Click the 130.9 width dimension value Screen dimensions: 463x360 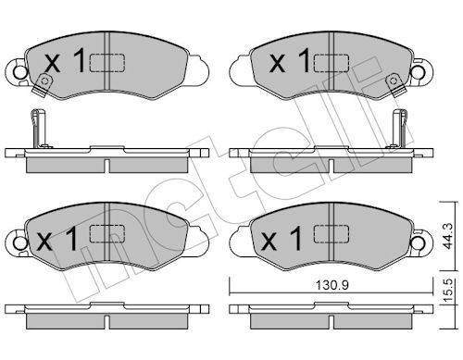pyautogui.click(x=332, y=286)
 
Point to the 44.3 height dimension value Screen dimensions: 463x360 pyautogui.click(x=448, y=236)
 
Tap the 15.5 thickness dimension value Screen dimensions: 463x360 pyautogui.click(x=448, y=291)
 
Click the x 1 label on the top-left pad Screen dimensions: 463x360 pyautogui.click(x=65, y=60)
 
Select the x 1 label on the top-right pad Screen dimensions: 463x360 pyautogui.click(x=289, y=60)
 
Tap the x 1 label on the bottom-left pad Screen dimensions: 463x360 pyautogui.click(x=56, y=238)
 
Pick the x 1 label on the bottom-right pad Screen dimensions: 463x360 pyautogui.click(x=282, y=238)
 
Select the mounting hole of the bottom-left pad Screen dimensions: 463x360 pyautogui.click(x=20, y=243)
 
